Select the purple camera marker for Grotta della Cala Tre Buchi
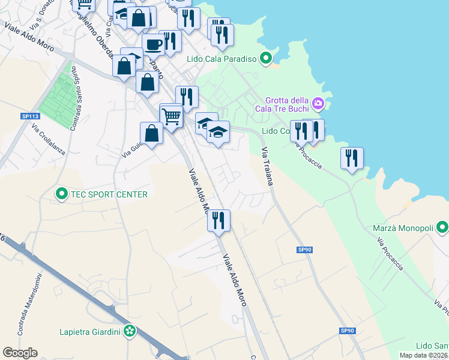pos(318,104)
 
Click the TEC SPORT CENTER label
pos(109,194)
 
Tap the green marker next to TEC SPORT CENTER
pos(61,194)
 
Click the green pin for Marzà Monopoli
pos(442,227)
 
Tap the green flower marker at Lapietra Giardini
pos(130,331)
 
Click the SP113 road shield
pos(30,116)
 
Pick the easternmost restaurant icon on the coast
pos(351,158)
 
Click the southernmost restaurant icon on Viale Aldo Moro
pos(218,220)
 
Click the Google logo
pos(20,353)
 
